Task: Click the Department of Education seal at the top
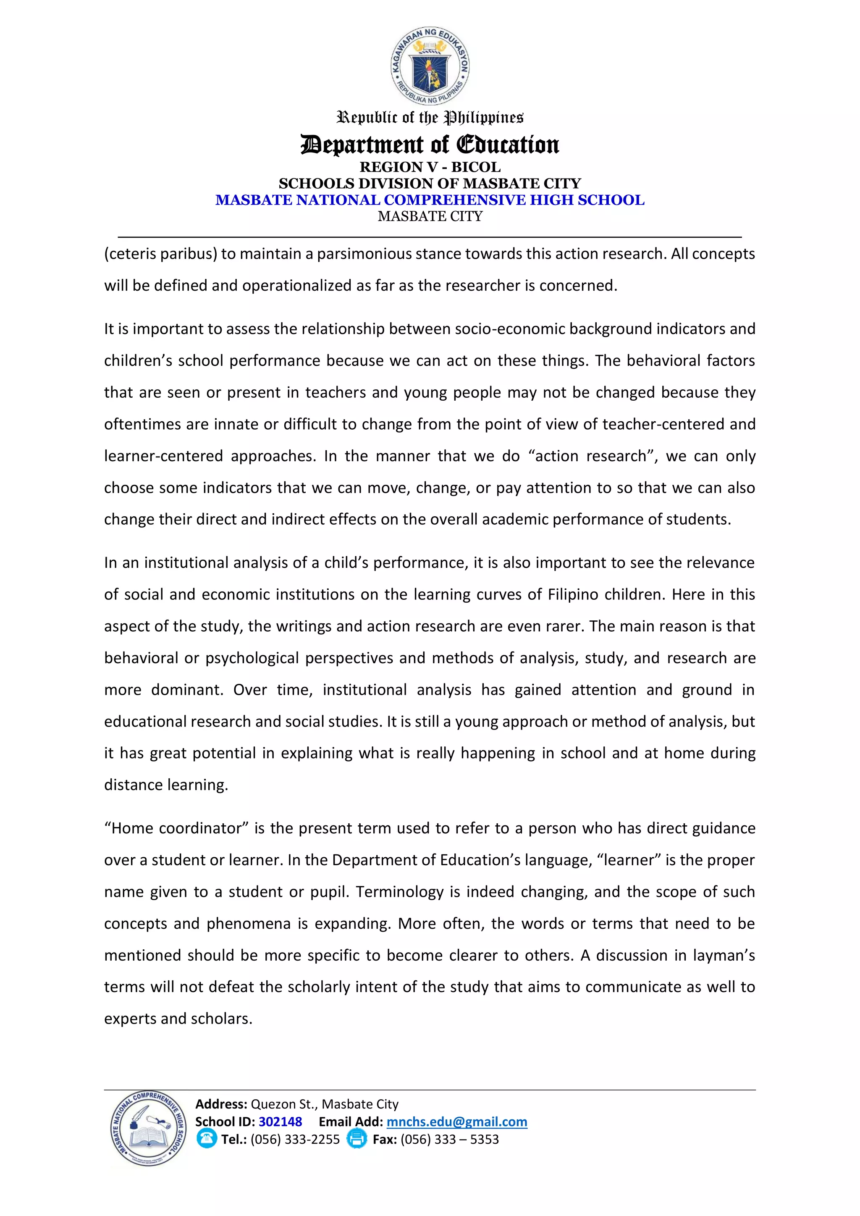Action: pyautogui.click(x=430, y=66)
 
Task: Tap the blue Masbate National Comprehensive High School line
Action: pyautogui.click(x=430, y=200)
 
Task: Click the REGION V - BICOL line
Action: pyautogui.click(x=430, y=167)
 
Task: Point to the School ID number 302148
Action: pyautogui.click(x=280, y=1122)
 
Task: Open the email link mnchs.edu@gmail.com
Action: pyautogui.click(x=456, y=1122)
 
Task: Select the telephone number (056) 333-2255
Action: pyautogui.click(x=295, y=1139)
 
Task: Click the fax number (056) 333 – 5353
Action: pyautogui.click(x=450, y=1139)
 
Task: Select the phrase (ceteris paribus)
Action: pyautogui.click(x=161, y=254)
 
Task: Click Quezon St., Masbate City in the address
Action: pyautogui.click(x=324, y=1104)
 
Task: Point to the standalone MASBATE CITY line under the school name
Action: pyautogui.click(x=430, y=216)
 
